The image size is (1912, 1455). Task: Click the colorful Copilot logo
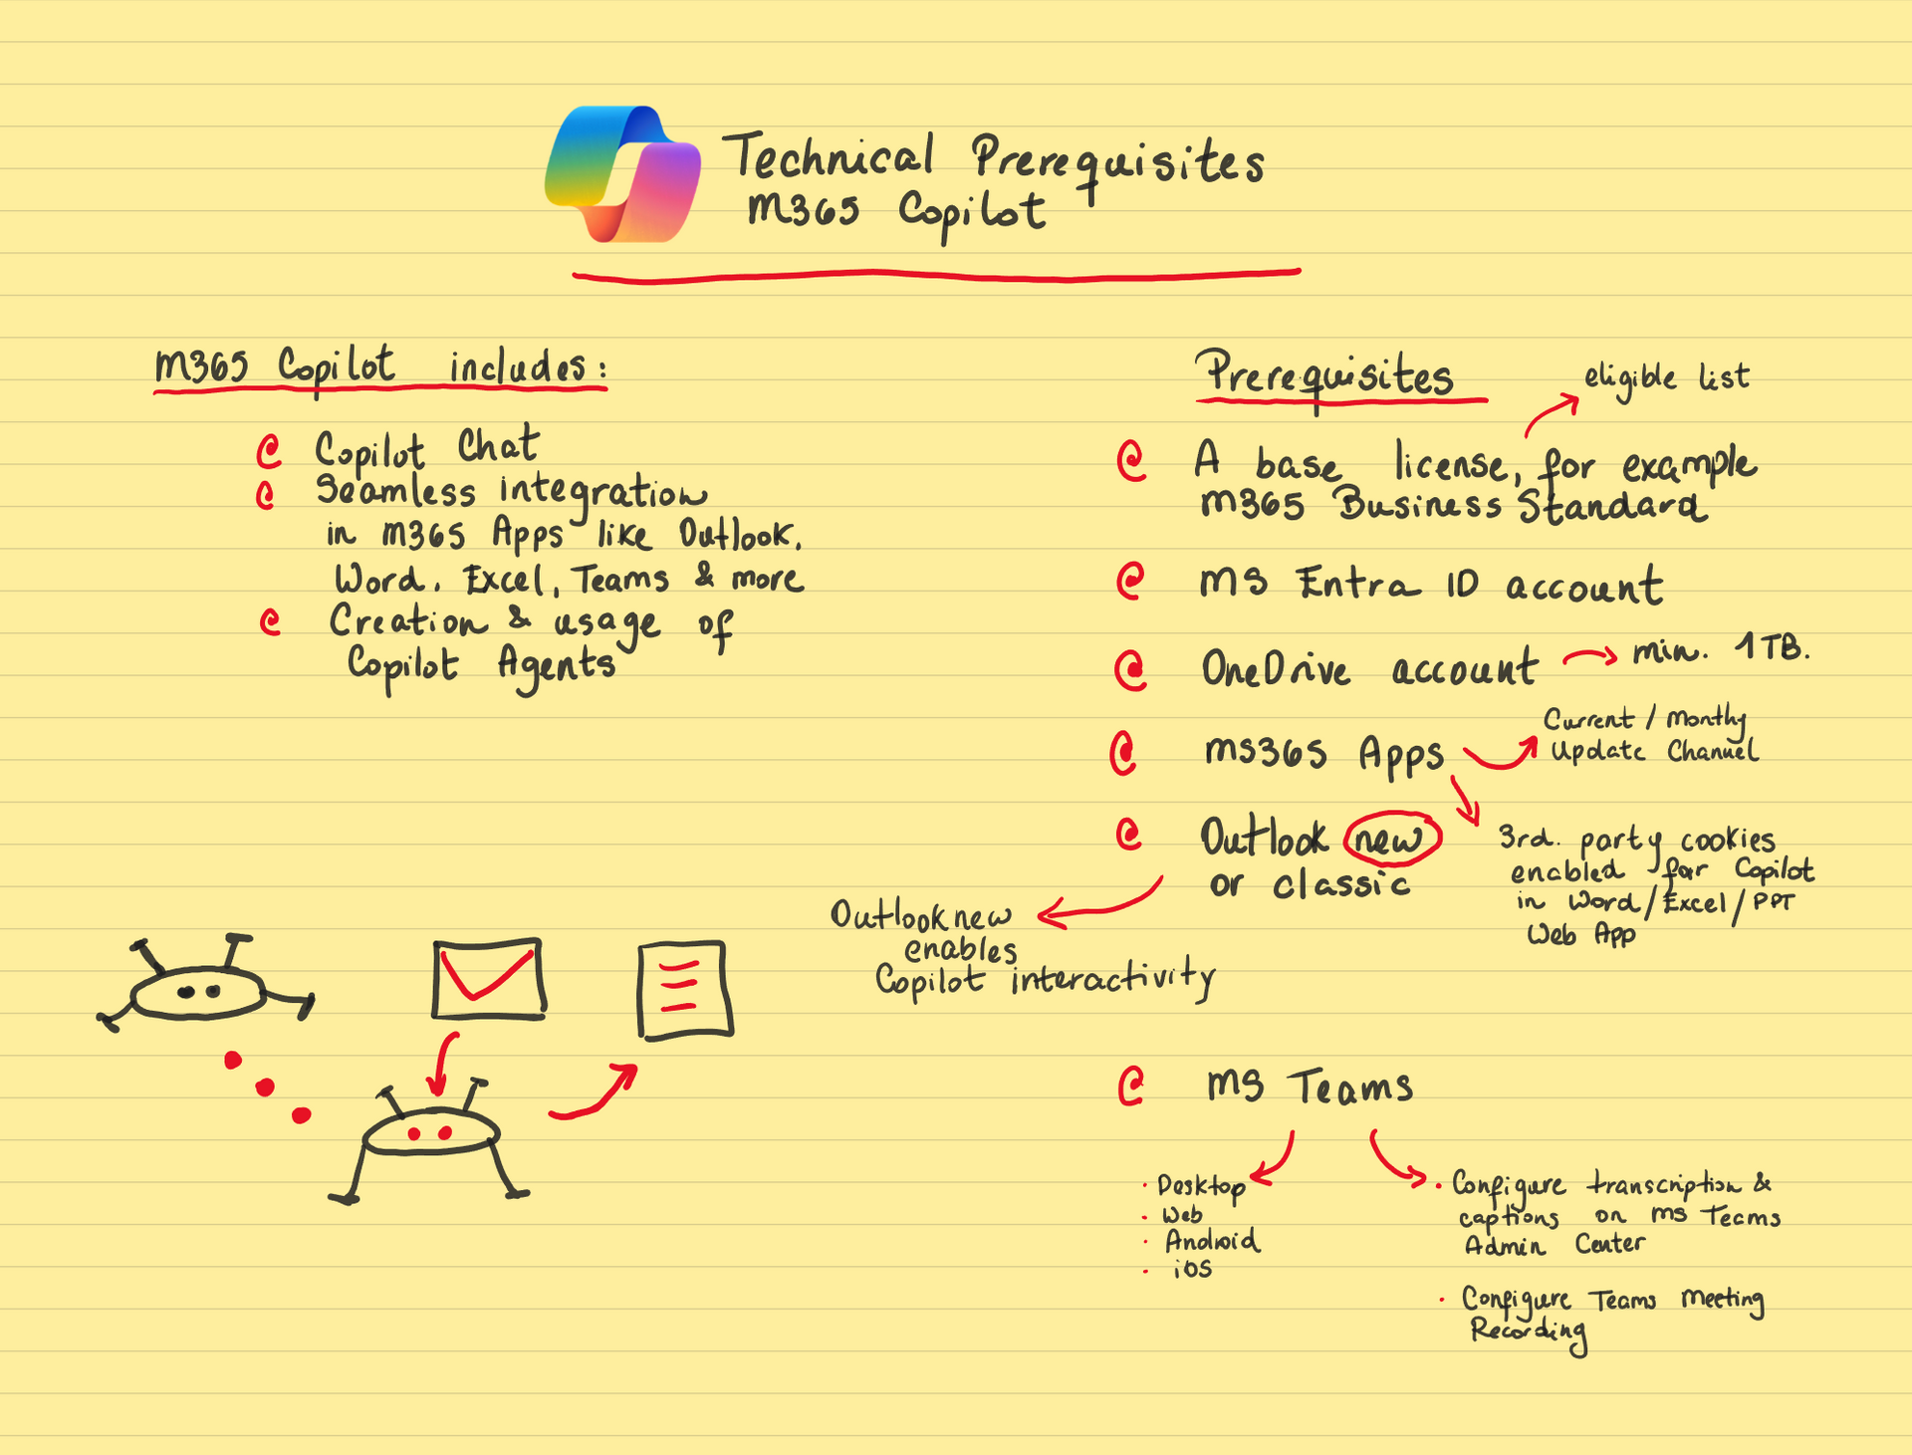[622, 174]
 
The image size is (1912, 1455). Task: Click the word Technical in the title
[829, 156]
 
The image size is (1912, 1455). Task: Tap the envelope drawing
[489, 979]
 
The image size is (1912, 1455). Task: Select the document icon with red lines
[685, 991]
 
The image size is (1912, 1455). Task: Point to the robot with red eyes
[429, 1141]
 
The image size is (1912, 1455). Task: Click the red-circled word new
[1391, 840]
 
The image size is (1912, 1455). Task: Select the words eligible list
[1666, 378]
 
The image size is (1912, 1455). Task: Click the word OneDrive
[1276, 668]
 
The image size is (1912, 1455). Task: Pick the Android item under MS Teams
[1211, 1241]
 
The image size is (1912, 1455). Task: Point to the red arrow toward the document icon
[595, 1093]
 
